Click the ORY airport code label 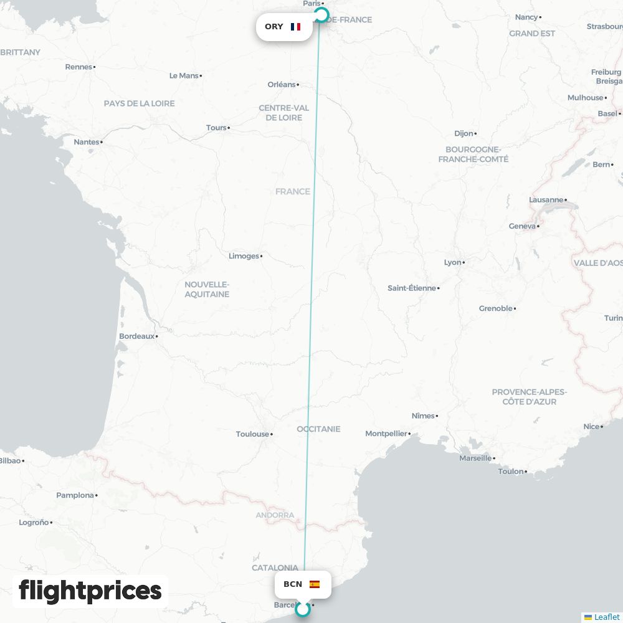pos(274,27)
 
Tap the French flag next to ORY pos(295,27)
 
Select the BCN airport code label pos(293,584)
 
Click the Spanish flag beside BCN pos(315,584)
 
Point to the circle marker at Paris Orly pos(321,15)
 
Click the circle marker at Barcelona pos(303,609)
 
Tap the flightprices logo pos(90,591)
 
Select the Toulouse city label pos(252,434)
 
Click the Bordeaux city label pos(136,336)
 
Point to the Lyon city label pos(453,262)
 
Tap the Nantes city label pos(87,142)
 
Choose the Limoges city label pos(244,256)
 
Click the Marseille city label pos(475,458)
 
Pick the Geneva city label pos(522,226)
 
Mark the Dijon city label pos(464,133)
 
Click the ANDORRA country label pos(275,515)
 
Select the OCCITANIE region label pos(318,429)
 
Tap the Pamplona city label pos(75,495)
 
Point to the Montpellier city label pos(386,434)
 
